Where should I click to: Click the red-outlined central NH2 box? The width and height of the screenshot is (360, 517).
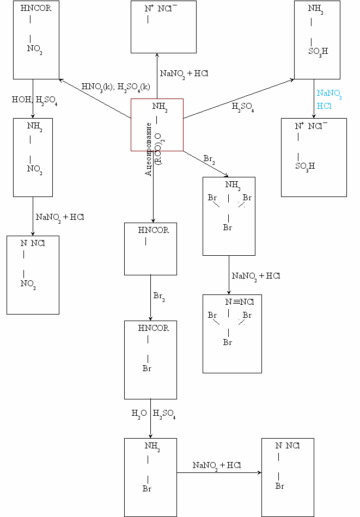tap(157, 124)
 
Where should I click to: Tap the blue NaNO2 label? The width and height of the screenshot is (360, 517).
tap(329, 94)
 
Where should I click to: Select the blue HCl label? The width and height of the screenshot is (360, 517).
tap(324, 107)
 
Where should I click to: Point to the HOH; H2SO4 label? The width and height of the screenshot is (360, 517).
tap(34, 100)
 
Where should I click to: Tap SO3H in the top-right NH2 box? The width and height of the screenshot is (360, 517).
tap(318, 52)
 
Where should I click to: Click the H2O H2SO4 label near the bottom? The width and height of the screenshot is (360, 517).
tap(154, 414)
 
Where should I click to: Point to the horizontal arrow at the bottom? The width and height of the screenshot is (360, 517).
tap(218, 473)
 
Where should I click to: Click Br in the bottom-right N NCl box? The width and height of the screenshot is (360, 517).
tap(280, 486)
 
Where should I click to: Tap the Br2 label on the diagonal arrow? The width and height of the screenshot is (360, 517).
tap(209, 159)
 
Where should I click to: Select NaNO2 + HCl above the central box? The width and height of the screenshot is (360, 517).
tap(184, 73)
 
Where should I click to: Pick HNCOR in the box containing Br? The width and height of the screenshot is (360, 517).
tap(154, 328)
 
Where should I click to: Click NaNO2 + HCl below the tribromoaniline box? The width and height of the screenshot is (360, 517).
tap(256, 276)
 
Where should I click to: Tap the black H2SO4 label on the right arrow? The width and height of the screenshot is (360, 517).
tap(243, 107)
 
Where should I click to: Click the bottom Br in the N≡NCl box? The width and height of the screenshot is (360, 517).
tap(228, 342)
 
